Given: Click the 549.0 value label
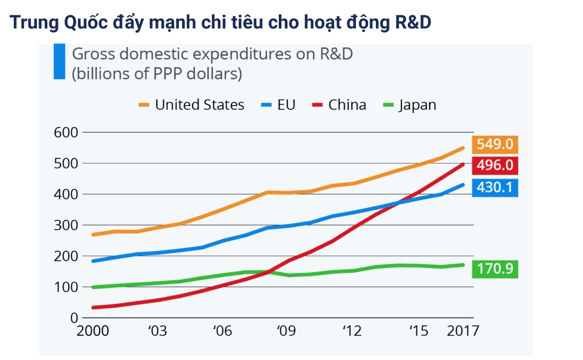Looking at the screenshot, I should [495, 145].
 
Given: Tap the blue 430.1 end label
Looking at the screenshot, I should [495, 188].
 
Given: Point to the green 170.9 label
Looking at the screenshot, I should [495, 269].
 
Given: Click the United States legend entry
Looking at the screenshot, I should [191, 105].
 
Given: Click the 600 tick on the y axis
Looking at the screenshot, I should [64, 133].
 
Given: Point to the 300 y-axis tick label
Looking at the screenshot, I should [64, 225].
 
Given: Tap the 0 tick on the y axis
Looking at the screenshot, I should [74, 318].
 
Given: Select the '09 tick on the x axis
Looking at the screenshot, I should [286, 332].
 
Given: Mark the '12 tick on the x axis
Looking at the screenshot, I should [351, 332].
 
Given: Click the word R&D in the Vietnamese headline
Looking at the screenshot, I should [406, 22].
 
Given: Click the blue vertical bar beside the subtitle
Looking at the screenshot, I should [59, 61].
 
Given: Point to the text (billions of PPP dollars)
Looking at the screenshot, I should [157, 74].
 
